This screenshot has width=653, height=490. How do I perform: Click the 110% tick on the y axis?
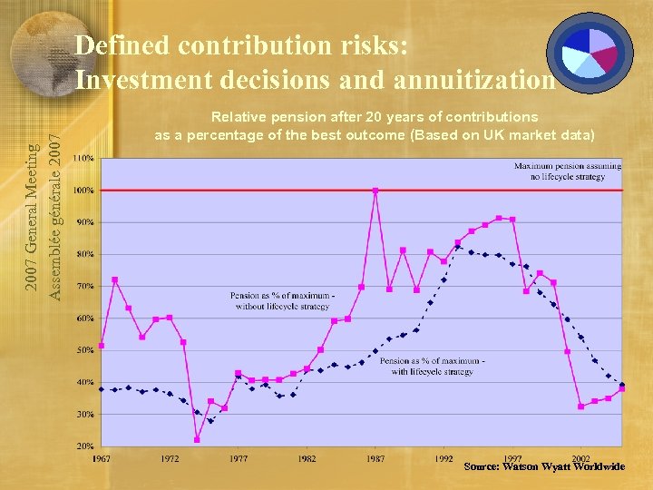coord(83,159)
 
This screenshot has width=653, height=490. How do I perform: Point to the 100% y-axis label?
coord(83,191)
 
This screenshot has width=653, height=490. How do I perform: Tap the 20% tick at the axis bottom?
coord(83,446)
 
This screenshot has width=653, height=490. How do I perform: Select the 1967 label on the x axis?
coord(102,459)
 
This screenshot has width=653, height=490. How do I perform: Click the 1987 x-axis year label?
coord(375,459)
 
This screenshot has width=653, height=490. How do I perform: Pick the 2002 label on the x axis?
coord(581,459)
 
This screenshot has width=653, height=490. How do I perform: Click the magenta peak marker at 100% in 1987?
coord(375,191)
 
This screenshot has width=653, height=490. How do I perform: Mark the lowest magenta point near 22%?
coord(197,440)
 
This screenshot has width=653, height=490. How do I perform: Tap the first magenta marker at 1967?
coord(102,346)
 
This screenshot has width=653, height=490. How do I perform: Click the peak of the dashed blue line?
coord(458,247)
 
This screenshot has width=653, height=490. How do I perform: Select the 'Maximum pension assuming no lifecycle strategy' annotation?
coord(568,171)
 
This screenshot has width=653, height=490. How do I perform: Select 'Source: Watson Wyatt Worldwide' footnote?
coord(544,466)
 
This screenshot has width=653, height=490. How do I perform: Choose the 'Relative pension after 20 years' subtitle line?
coord(375,117)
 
